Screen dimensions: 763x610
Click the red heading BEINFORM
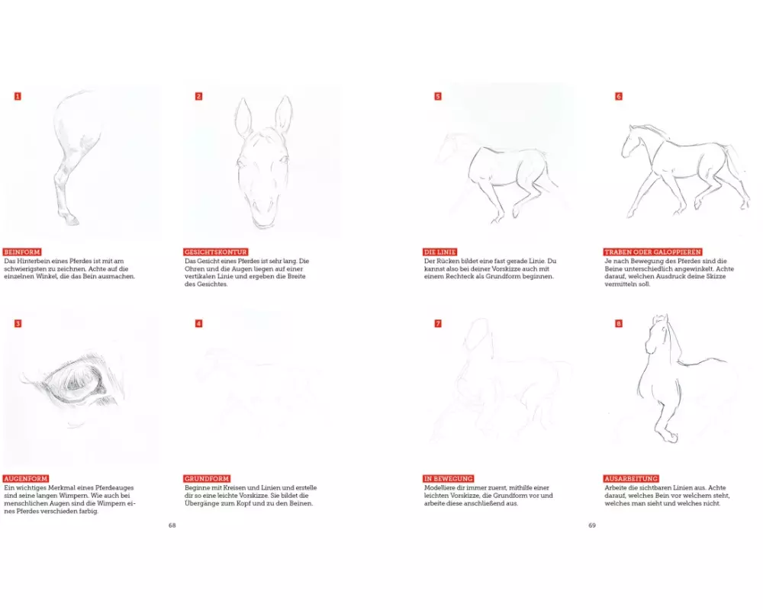point(22,252)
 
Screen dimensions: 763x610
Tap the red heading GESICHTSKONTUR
point(216,252)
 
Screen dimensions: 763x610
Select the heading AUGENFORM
point(26,479)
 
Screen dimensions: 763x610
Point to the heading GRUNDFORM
point(207,479)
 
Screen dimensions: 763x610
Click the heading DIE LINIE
point(440,252)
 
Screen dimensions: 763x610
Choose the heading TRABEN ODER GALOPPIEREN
point(653,252)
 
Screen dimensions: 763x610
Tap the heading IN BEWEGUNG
point(449,479)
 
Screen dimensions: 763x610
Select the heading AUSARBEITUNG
point(632,479)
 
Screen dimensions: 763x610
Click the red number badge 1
point(18,96)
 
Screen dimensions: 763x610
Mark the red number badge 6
point(619,96)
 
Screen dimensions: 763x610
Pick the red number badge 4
point(198,323)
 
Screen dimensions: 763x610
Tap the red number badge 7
point(438,323)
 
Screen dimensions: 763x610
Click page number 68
point(172,525)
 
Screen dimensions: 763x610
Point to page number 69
point(592,525)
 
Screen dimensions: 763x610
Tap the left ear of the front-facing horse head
point(244,117)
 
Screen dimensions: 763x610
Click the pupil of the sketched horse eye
point(77,384)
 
